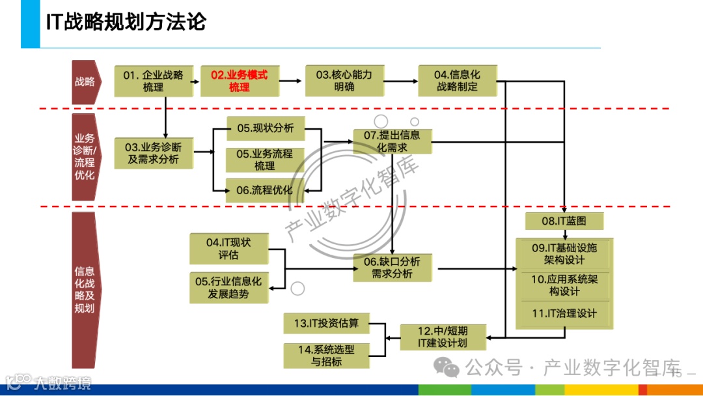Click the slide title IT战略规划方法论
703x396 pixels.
click(126, 21)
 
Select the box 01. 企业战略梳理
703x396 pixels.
click(154, 81)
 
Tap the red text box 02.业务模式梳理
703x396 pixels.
click(240, 81)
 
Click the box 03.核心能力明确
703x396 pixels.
click(344, 81)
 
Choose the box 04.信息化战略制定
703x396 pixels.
click(457, 81)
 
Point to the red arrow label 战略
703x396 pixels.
click(85, 82)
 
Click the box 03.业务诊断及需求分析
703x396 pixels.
click(154, 154)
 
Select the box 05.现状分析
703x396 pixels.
click(265, 128)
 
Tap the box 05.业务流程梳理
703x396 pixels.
click(265, 160)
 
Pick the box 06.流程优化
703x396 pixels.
click(265, 190)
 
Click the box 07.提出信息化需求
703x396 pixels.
click(393, 141)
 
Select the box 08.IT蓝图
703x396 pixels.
click(564, 221)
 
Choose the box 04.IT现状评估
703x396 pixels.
click(228, 248)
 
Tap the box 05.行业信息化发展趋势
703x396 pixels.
click(228, 287)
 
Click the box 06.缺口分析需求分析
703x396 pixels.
click(393, 268)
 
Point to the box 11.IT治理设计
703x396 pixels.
click(564, 313)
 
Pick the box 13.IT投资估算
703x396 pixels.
click(326, 323)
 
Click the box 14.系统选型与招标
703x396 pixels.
click(326, 356)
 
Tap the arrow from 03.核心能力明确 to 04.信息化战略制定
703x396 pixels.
click(400, 81)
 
